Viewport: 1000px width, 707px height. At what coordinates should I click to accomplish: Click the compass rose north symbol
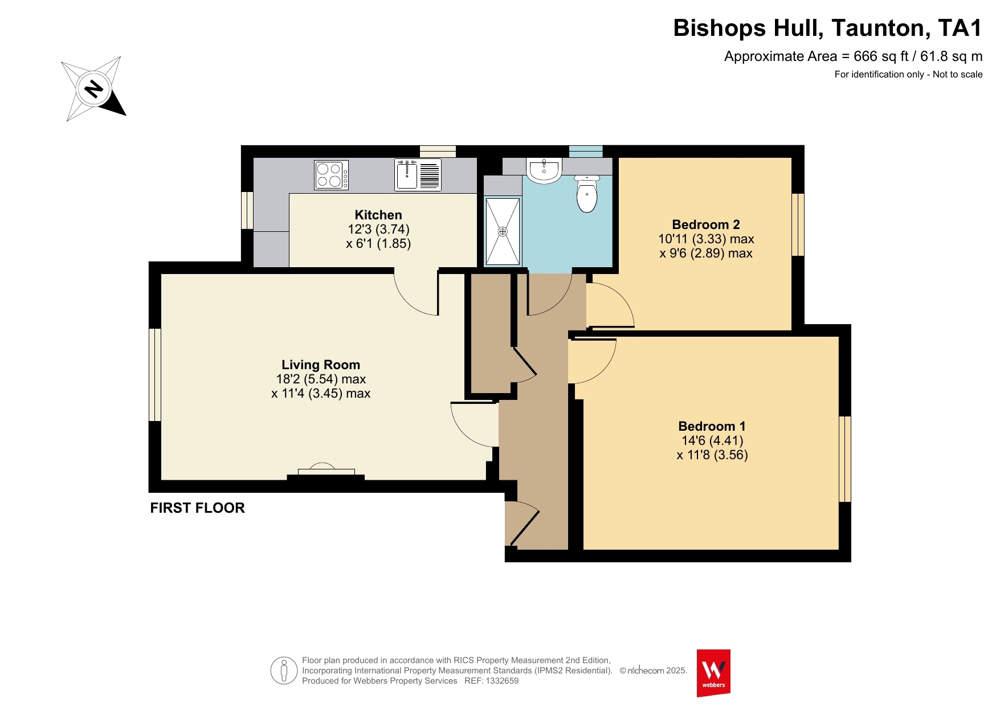[x=93, y=89]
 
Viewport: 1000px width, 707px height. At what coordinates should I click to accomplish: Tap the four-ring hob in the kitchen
[x=331, y=175]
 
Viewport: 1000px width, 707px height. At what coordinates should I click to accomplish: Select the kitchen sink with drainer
[x=418, y=175]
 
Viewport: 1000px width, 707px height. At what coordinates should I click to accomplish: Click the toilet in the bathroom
[x=587, y=194]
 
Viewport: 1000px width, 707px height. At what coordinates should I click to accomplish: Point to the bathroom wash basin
[x=544, y=170]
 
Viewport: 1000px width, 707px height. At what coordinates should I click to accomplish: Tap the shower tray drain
[x=503, y=231]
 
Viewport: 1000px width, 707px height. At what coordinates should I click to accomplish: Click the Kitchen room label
[x=378, y=215]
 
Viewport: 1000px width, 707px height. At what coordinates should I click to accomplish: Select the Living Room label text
[x=321, y=365]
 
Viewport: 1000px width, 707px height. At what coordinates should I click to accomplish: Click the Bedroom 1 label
[x=712, y=426]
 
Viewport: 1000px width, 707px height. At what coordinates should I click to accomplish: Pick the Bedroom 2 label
[x=706, y=224]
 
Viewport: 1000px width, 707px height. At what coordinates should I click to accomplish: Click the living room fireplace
[x=326, y=472]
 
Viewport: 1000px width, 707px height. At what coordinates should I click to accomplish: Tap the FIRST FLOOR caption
[x=197, y=508]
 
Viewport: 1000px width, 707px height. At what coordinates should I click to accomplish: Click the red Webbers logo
[x=713, y=673]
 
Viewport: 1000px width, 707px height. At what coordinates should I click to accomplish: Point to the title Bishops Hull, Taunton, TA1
[x=828, y=28]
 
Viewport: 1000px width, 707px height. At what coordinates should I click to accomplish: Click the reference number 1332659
[x=502, y=681]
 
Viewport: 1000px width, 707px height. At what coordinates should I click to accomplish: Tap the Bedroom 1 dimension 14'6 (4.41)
[x=712, y=440]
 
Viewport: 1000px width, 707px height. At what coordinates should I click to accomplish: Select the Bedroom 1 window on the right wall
[x=845, y=459]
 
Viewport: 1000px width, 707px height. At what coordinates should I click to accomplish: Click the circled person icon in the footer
[x=284, y=671]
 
